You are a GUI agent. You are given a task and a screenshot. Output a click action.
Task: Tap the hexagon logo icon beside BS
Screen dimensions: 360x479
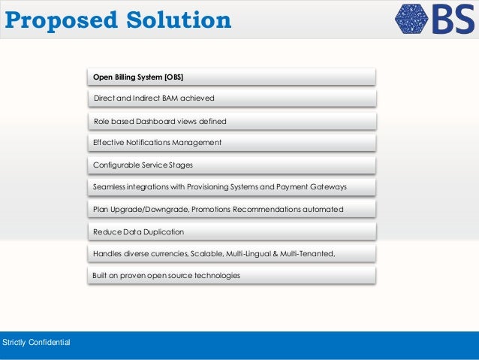coord(410,20)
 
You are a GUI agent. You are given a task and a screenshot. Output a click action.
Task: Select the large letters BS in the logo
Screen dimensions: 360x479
coord(453,20)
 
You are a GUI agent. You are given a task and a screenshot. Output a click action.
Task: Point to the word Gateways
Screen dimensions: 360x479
coord(330,186)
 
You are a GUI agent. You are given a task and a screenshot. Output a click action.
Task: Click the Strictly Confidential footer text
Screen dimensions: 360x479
coord(37,343)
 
